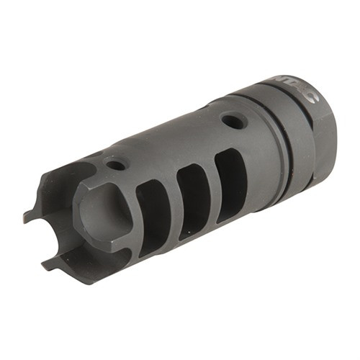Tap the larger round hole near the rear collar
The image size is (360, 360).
[x=232, y=120]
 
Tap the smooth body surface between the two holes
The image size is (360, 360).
[x=173, y=140]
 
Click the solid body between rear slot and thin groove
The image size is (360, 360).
[x=256, y=162]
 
